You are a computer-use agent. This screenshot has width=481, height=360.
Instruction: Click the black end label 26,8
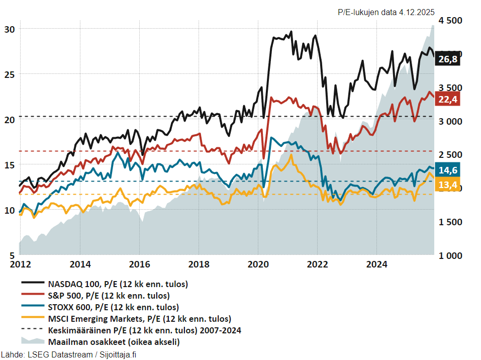pyautogui.click(x=448, y=59)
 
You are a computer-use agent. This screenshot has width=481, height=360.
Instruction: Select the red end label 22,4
pyautogui.click(x=448, y=100)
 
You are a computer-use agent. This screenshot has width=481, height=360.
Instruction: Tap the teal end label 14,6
pyautogui.click(x=448, y=170)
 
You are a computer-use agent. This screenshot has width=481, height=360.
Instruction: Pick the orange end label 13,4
pyautogui.click(x=448, y=186)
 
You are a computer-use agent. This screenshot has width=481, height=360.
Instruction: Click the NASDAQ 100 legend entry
pyautogui.click(x=118, y=284)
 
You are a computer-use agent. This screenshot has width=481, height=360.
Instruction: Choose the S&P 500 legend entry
pyautogui.click(x=108, y=295)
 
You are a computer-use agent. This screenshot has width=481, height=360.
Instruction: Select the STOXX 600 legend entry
pyautogui.click(x=113, y=307)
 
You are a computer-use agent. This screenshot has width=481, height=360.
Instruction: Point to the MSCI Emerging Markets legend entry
pyautogui.click(x=139, y=318)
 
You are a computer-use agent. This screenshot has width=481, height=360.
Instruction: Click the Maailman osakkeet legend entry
pyautogui.click(x=113, y=342)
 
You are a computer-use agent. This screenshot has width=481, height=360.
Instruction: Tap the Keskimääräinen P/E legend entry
pyautogui.click(x=144, y=330)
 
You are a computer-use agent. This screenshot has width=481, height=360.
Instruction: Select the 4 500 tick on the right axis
pyautogui.click(x=450, y=21)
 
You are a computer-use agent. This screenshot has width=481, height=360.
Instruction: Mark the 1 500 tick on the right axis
pyautogui.click(x=450, y=222)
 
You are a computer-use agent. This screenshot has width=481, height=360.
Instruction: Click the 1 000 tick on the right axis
pyautogui.click(x=450, y=255)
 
